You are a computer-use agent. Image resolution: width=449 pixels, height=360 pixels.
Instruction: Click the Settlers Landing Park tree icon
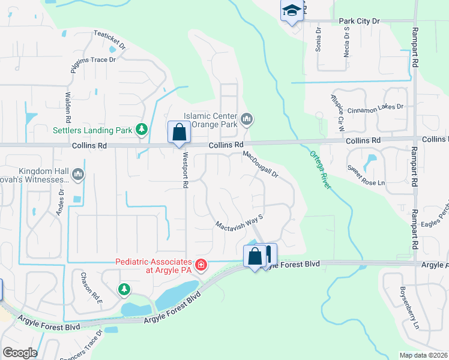(142, 129)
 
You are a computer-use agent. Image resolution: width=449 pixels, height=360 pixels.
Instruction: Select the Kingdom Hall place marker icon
(77, 175)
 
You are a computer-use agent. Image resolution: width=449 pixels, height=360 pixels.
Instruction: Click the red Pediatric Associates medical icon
(200, 264)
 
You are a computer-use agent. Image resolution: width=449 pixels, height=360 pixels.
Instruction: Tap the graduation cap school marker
(291, 11)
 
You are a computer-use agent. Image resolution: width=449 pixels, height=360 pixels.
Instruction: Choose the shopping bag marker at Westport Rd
(179, 133)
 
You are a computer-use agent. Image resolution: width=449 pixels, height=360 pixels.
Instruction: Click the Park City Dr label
(360, 21)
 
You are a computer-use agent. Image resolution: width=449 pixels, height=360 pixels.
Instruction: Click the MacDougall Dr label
(261, 164)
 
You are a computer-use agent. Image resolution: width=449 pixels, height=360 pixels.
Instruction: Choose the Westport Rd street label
(184, 172)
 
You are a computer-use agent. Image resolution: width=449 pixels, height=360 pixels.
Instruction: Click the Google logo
(20, 352)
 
